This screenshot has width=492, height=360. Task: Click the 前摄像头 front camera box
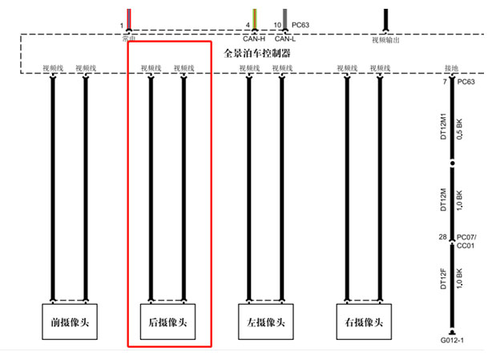coord(68,323)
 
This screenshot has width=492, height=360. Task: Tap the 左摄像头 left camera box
coord(266,323)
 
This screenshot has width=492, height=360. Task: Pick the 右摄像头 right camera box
coord(364,323)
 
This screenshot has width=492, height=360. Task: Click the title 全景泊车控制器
coord(256,53)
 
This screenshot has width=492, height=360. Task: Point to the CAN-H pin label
coord(254,38)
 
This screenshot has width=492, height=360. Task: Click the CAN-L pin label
coord(285,38)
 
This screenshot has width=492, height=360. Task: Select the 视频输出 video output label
coord(385,38)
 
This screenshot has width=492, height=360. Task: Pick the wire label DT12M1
coord(442,124)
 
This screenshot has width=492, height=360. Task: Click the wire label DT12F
coord(442,281)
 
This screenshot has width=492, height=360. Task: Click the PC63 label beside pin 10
coord(301,25)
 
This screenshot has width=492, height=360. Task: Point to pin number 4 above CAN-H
coord(248,26)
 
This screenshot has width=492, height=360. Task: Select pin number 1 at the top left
coord(121,26)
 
